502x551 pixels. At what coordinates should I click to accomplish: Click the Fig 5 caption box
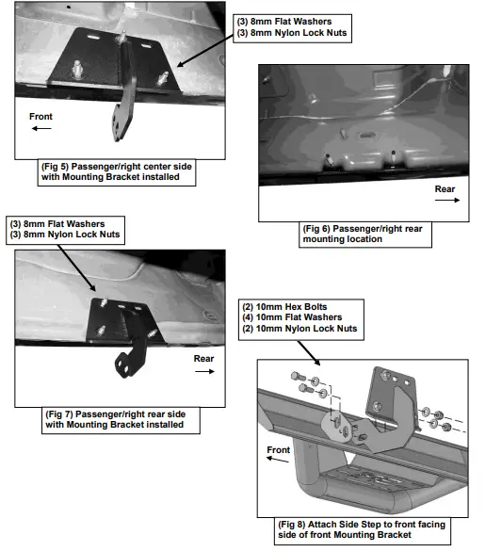[x=118, y=172]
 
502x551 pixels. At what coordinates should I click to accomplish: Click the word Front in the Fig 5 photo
[x=41, y=117]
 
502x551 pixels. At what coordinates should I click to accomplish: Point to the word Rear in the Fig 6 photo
[x=445, y=188]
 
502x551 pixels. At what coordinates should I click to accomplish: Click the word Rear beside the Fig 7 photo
[x=205, y=359]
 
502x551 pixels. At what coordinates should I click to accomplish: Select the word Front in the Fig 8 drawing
[x=278, y=450]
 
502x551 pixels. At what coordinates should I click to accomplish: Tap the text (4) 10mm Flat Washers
[x=286, y=318]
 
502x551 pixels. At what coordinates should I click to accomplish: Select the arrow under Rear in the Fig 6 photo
[x=446, y=201]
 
